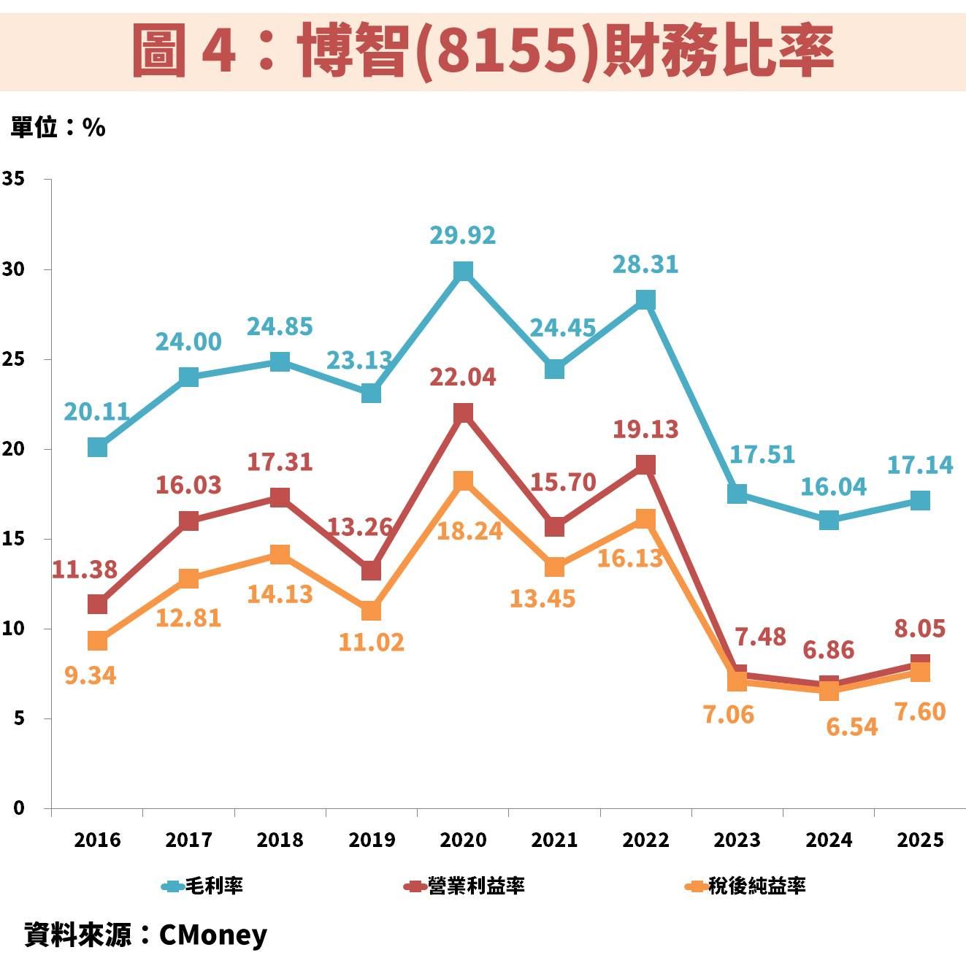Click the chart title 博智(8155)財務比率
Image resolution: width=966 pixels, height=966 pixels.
(483, 49)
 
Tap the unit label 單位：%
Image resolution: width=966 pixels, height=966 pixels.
(58, 128)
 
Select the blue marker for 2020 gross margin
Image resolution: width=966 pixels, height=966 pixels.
(463, 272)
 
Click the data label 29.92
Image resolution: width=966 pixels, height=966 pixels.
(463, 235)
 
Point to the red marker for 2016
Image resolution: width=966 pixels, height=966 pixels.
(97, 604)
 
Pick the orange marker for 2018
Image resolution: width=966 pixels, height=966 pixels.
(280, 554)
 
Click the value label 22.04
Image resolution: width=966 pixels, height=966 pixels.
(463, 377)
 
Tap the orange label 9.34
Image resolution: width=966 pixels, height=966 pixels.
(90, 675)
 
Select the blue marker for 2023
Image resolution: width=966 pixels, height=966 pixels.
(737, 494)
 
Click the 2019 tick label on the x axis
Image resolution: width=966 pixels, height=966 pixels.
(372, 840)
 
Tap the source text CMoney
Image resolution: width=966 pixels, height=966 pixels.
(212, 935)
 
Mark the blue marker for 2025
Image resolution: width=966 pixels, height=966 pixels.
(920, 500)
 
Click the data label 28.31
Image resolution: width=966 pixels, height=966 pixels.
(645, 264)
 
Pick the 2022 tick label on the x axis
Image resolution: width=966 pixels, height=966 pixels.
(645, 840)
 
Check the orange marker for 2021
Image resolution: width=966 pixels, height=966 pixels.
(554, 567)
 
